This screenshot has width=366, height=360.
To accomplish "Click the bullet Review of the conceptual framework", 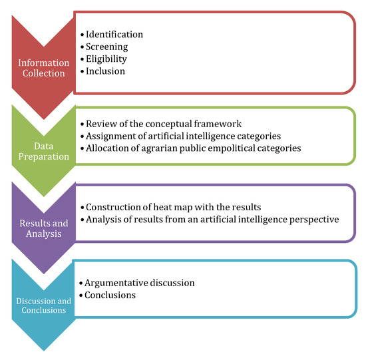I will [x=155, y=124].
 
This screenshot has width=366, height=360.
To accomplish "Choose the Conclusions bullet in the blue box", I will [x=111, y=295].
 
